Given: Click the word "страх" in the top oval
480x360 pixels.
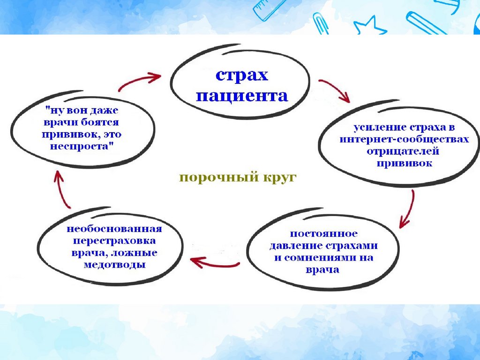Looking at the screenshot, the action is click(242, 75).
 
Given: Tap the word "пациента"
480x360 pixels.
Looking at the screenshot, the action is click(242, 96).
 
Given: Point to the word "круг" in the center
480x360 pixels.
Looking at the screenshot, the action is click(278, 178).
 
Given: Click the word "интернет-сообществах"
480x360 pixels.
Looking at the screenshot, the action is click(404, 139).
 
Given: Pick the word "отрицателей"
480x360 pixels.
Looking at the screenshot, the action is click(403, 151).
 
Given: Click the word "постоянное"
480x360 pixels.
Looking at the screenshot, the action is click(323, 233).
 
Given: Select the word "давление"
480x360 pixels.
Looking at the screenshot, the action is click(296, 246).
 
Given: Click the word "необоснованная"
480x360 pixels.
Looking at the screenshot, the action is click(114, 229).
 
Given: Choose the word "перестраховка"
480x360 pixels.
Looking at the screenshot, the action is click(114, 241).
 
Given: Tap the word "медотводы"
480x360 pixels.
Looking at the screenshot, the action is click(114, 264).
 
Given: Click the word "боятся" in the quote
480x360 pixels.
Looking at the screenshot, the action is click(100, 122).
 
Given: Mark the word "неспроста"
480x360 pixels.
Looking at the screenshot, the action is click(81, 146).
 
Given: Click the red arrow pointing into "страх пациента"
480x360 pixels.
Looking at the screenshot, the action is click(139, 80).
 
